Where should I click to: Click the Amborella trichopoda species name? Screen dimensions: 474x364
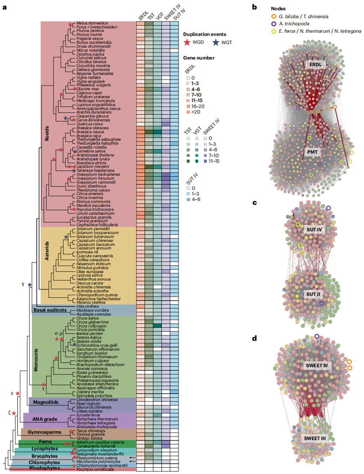[x=94, y=426]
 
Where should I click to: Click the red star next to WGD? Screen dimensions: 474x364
[x=188, y=42]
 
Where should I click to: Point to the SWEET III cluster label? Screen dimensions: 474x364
[x=315, y=438]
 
